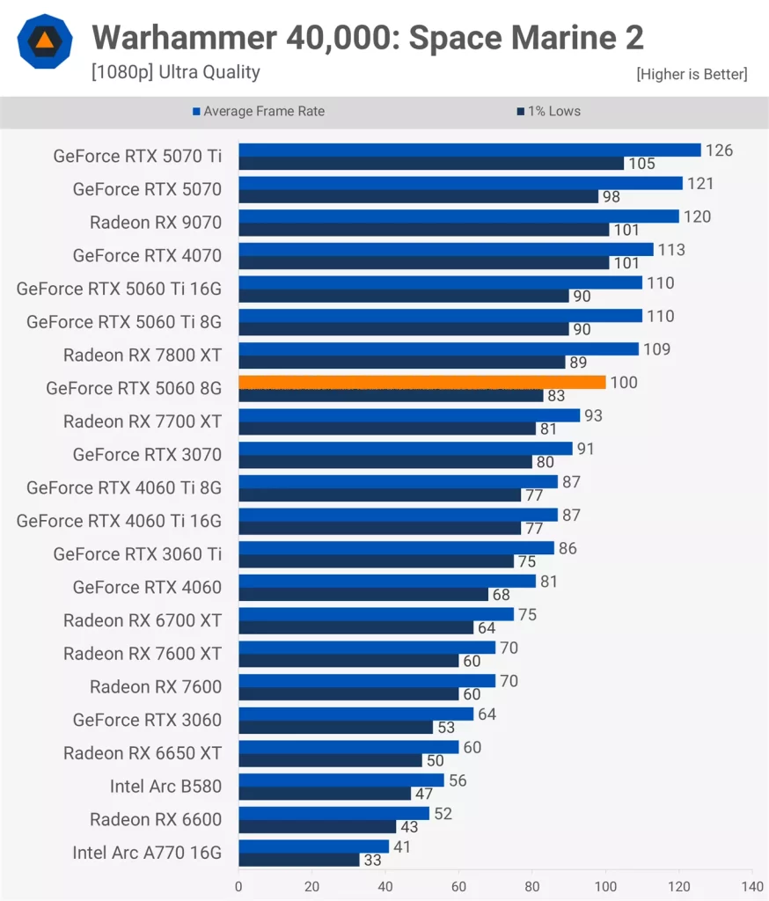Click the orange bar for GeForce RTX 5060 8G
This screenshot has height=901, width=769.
pos(422,382)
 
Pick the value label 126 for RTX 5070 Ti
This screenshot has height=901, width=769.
pos(719,150)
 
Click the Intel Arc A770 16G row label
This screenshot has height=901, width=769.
pos(147,853)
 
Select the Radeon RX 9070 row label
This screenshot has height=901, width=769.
pos(156,223)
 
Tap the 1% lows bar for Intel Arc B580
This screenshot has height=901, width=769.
pos(325,794)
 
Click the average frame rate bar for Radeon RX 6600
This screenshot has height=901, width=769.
pos(333,813)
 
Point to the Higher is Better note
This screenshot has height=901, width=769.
pos(692,75)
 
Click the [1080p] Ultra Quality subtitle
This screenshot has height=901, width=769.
pos(175,72)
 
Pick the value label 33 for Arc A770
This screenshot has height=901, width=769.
pos(372,861)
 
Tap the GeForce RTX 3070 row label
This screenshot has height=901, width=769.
pos(147,455)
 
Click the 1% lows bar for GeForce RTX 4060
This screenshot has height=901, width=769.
pos(363,595)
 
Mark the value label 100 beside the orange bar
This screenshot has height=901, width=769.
pos(625,383)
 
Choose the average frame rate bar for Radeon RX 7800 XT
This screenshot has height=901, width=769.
pos(438,348)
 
